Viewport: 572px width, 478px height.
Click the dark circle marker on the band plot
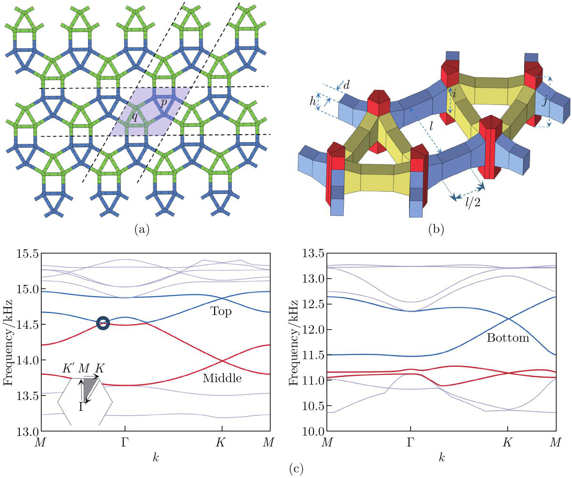point(103,323)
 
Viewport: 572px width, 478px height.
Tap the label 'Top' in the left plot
point(221,311)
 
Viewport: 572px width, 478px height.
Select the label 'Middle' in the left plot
point(222,378)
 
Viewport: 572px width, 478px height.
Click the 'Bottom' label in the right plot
point(508,338)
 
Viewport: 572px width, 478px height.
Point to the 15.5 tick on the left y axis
point(27,254)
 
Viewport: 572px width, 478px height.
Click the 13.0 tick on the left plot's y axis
point(27,431)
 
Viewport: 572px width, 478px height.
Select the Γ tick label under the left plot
point(125,442)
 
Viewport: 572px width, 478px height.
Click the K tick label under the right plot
point(507,442)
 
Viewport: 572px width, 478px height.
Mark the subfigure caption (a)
point(142,230)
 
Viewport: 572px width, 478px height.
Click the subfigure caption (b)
point(436,230)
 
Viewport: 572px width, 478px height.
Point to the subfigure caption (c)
point(297,469)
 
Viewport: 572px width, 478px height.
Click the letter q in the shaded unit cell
point(135,117)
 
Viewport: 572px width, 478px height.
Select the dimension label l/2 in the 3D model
point(472,202)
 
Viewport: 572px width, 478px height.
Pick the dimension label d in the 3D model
point(346,85)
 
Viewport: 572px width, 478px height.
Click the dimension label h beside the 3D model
point(313,101)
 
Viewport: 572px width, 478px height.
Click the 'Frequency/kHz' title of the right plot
point(293,342)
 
